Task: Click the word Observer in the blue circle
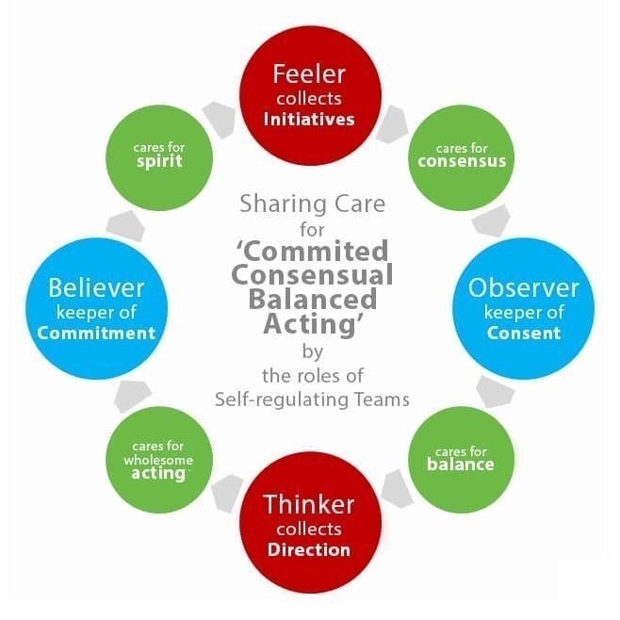pos(522,286)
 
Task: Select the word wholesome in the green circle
pos(158,459)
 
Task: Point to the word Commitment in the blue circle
pos(96,333)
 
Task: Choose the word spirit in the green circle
pos(158,161)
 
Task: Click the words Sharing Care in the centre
pos(311,203)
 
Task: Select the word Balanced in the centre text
pos(312,300)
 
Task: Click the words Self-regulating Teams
pos(312,399)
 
